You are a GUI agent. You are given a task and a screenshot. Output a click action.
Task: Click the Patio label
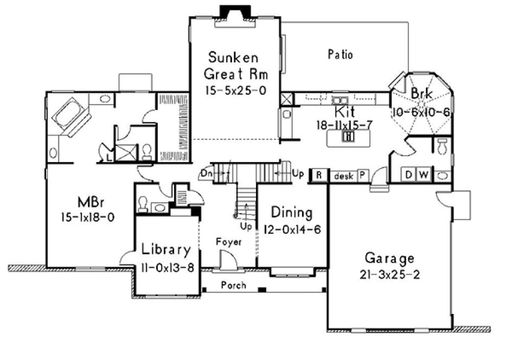coord(341,54)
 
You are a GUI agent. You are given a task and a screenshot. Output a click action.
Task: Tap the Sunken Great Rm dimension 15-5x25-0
coord(235,90)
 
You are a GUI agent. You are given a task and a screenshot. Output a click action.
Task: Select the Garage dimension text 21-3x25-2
coord(389,274)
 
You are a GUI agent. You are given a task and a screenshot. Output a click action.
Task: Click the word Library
coord(166,250)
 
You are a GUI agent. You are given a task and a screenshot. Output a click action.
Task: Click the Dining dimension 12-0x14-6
coord(292,229)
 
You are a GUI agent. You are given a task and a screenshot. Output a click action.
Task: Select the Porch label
coord(234,285)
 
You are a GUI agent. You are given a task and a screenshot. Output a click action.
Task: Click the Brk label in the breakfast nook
coord(421,94)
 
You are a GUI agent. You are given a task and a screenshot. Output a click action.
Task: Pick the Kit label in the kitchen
coord(344,112)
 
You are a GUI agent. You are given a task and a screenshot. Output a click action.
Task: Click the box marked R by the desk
coord(319,176)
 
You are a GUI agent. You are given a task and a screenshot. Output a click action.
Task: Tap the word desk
coord(343,176)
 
